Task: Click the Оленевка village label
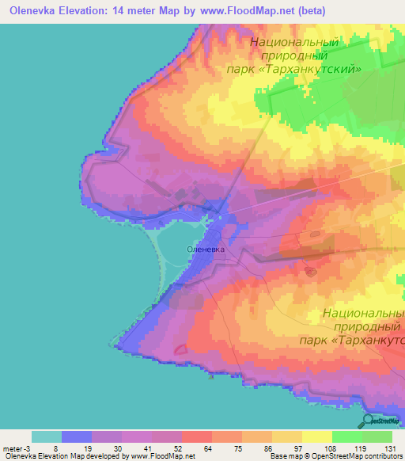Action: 205,249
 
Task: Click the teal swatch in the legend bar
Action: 46,436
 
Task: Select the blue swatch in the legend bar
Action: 76,436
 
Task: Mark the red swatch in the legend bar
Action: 196,436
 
